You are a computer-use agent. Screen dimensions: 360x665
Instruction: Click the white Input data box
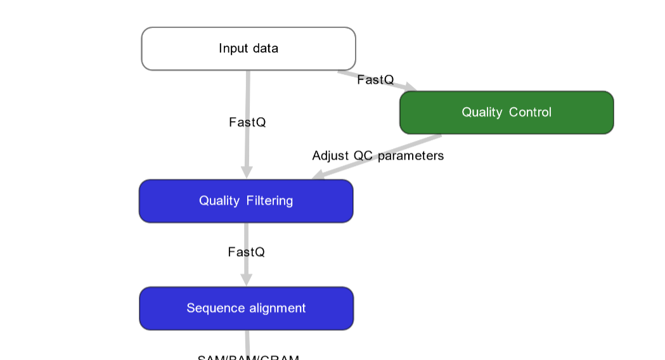(x=248, y=49)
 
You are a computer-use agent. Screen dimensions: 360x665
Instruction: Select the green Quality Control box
(x=506, y=112)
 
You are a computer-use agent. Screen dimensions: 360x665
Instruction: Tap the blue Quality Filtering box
(x=246, y=201)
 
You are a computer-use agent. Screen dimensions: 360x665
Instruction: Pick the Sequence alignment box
(x=246, y=308)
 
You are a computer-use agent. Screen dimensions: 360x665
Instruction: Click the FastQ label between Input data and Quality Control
(x=375, y=80)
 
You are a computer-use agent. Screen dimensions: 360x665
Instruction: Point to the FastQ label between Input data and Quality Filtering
(x=247, y=122)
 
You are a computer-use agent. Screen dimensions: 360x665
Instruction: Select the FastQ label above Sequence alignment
(x=246, y=252)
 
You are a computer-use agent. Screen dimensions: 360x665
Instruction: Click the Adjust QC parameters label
(x=378, y=156)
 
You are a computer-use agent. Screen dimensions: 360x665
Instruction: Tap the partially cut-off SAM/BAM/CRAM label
(x=248, y=357)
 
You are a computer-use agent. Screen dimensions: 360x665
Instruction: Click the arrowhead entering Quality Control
(x=410, y=87)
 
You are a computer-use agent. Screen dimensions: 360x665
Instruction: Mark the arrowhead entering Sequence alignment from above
(x=247, y=280)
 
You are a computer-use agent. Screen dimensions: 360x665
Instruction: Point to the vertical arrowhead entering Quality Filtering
(x=247, y=172)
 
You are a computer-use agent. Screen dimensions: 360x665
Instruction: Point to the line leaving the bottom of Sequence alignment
(x=247, y=340)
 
